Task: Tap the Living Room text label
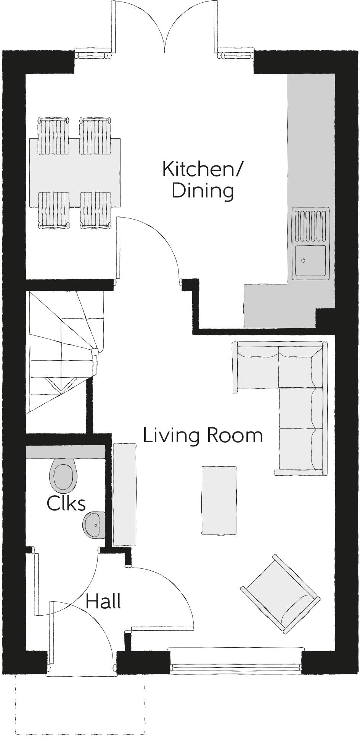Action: (203, 435)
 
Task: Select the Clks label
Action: (66, 503)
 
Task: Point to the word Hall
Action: (103, 602)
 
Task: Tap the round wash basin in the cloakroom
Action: (93, 525)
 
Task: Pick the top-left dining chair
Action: (54, 135)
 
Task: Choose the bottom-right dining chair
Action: (96, 210)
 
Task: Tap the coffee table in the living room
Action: (219, 500)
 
